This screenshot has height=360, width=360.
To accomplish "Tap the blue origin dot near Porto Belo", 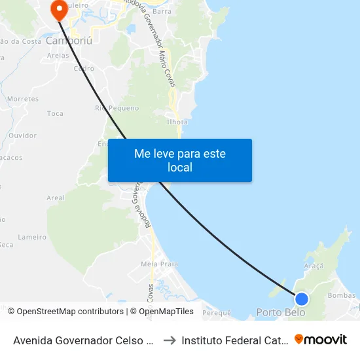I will [x=301, y=299].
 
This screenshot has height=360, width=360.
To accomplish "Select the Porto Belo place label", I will [x=280, y=312].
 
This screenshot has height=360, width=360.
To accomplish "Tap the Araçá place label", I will [x=314, y=266].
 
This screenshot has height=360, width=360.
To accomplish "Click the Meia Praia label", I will [x=159, y=264].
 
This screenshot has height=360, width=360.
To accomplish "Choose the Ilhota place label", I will [x=177, y=122].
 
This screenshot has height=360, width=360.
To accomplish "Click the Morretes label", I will [x=23, y=99].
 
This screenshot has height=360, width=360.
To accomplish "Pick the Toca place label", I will [x=56, y=113].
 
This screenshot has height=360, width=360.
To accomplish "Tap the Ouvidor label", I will [x=22, y=135].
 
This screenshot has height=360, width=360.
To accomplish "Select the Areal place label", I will [x=56, y=198].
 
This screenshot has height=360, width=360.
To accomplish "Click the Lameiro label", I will [x=32, y=237].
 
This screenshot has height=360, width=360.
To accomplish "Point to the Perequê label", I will [x=217, y=313].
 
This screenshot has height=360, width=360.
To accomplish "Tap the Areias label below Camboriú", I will [x=58, y=56].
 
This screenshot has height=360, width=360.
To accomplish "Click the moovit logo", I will [x=321, y=339].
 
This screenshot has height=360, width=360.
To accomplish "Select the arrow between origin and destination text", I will [x=169, y=340].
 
